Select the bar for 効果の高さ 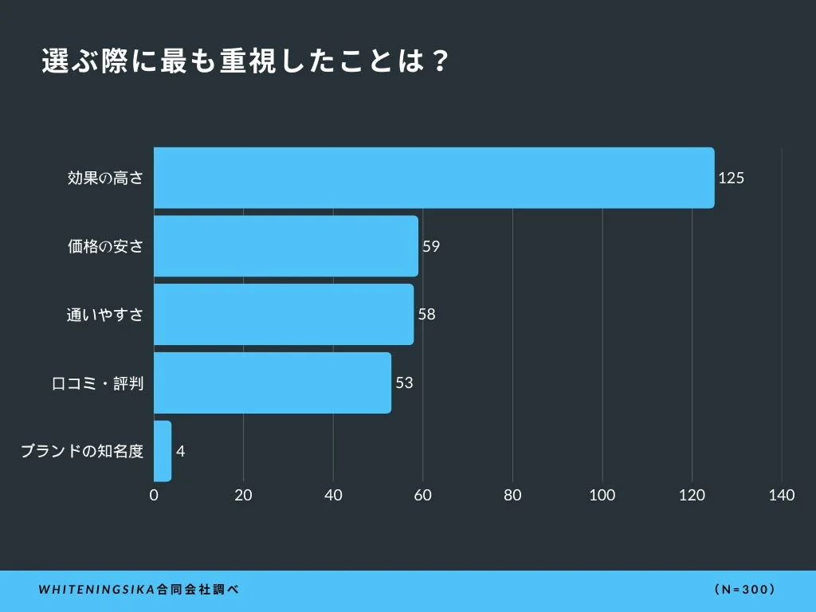433,178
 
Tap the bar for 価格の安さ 285,246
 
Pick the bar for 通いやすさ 283,315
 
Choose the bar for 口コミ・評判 272,383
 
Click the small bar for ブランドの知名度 162,451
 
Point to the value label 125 731,178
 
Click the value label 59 431,246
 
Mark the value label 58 426,315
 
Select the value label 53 404,383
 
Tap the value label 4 181,452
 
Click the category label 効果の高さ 105,178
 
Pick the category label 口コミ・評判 97,383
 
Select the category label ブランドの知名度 81,452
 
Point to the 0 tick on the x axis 154,496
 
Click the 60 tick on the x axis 422,496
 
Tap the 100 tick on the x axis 602,496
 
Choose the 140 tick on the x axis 782,496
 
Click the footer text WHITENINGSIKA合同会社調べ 139,590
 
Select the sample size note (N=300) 745,590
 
